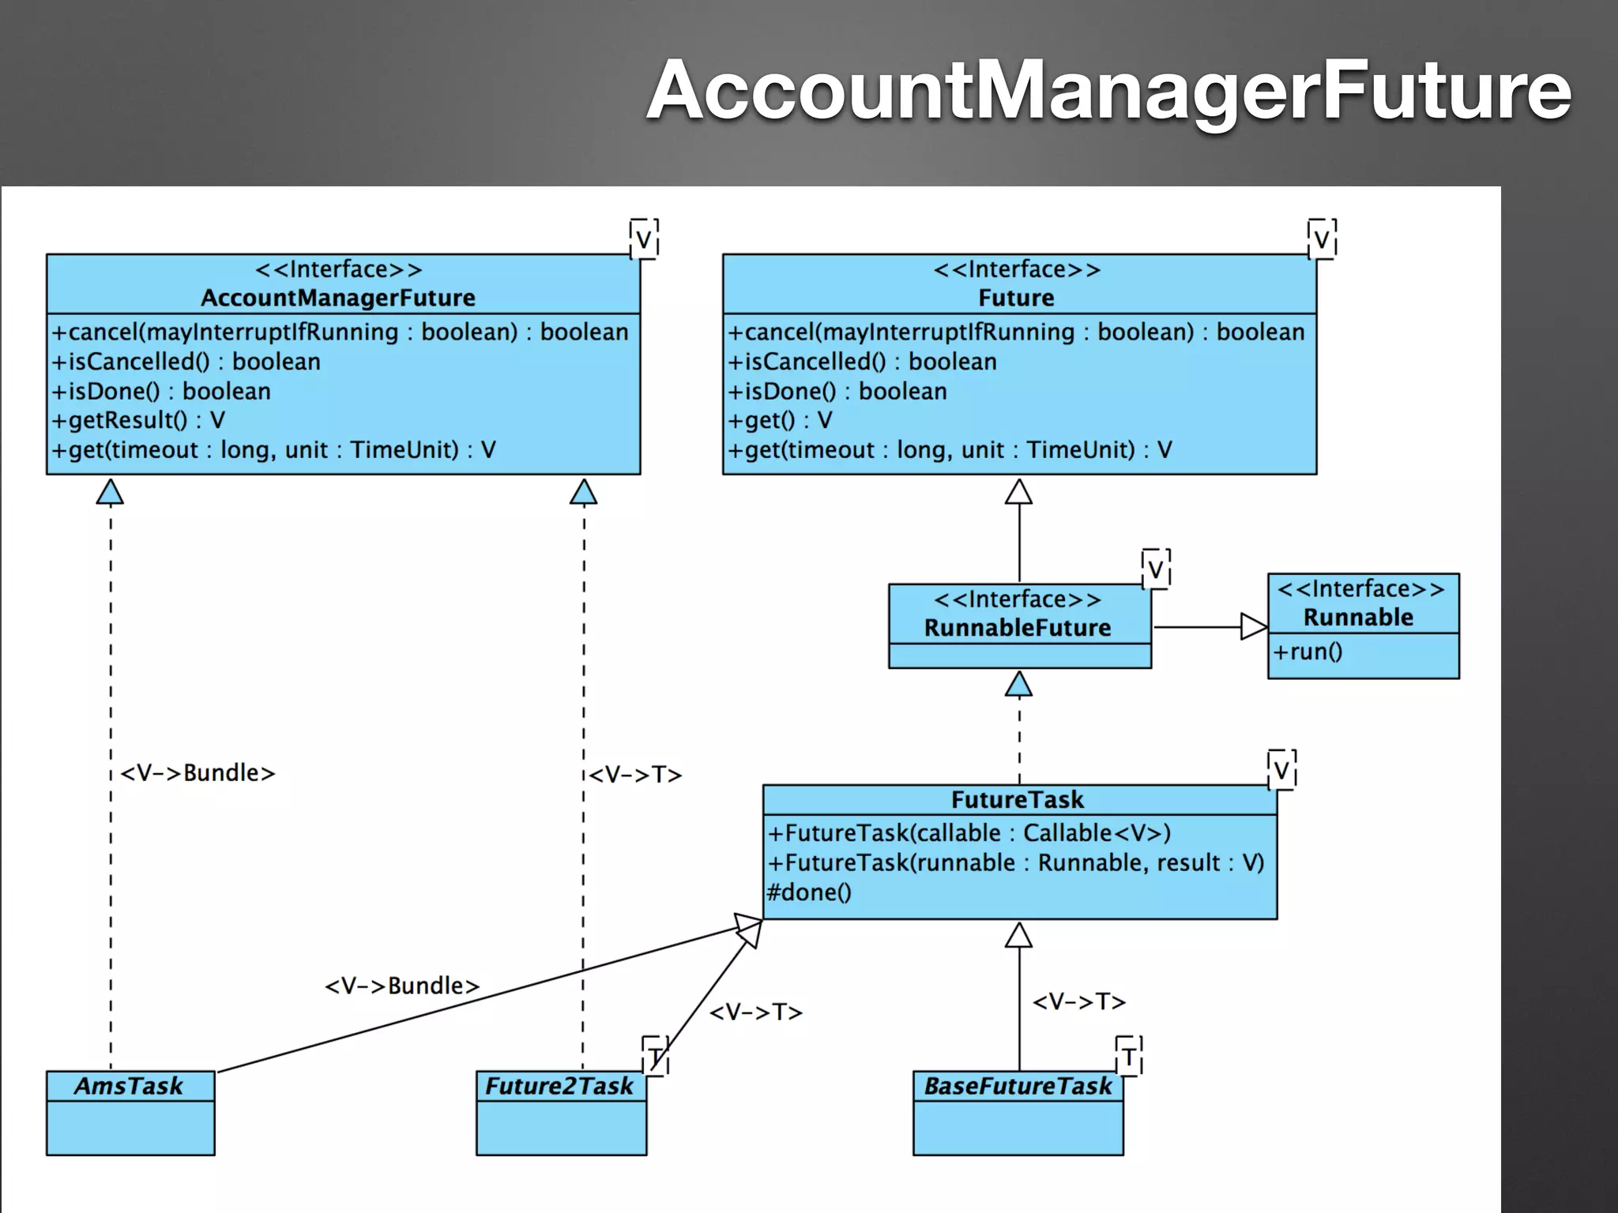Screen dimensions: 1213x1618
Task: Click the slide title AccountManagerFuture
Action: pyautogui.click(x=1108, y=91)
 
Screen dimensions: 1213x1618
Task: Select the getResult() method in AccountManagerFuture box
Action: pyautogui.click(x=139, y=420)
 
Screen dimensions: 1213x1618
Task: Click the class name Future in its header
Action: pyautogui.click(x=1016, y=298)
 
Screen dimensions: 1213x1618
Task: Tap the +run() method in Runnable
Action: pyautogui.click(x=1308, y=652)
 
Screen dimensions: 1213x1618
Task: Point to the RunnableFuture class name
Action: pyautogui.click(x=1018, y=628)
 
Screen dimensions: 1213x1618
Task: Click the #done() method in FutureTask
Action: pyautogui.click(x=809, y=892)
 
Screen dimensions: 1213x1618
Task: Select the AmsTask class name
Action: pyautogui.click(x=129, y=1086)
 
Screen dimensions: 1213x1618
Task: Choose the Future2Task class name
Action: pyautogui.click(x=559, y=1086)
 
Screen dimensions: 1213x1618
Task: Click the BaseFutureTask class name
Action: pyautogui.click(x=1018, y=1086)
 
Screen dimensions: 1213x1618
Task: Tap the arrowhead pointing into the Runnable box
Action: pyautogui.click(x=1253, y=627)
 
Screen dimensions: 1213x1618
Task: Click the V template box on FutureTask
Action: pyautogui.click(x=1281, y=769)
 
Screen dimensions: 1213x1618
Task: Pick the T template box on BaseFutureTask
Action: pyautogui.click(x=1128, y=1057)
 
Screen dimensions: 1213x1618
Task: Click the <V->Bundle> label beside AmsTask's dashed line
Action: pyautogui.click(x=198, y=772)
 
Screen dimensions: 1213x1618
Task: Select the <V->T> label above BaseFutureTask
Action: pyautogui.click(x=1079, y=1001)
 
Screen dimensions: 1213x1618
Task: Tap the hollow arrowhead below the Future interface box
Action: pyautogui.click(x=1018, y=492)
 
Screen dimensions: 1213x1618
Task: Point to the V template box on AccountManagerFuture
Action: pyautogui.click(x=644, y=238)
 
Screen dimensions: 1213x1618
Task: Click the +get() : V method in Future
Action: pyautogui.click(x=781, y=420)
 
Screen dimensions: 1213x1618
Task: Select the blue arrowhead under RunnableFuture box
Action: pyautogui.click(x=1018, y=685)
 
